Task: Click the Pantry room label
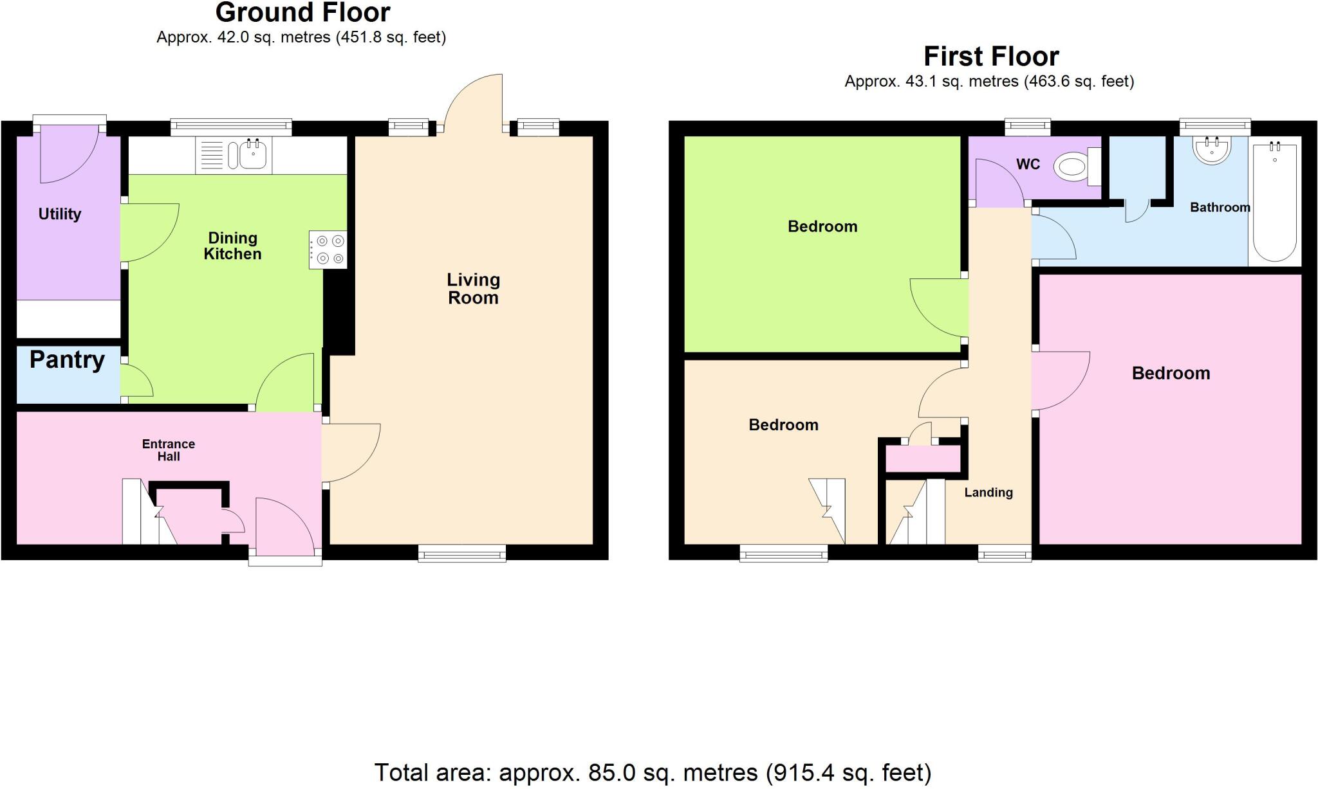pyautogui.click(x=67, y=359)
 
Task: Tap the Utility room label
pyautogui.click(x=60, y=214)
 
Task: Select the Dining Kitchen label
pyautogui.click(x=232, y=246)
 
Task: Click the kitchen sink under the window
pyautogui.click(x=254, y=155)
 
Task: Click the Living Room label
pyautogui.click(x=473, y=289)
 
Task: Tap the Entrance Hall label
pyautogui.click(x=169, y=450)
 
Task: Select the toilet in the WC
pyautogui.click(x=1075, y=168)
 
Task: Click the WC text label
pyautogui.click(x=1028, y=165)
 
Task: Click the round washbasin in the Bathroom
pyautogui.click(x=1212, y=150)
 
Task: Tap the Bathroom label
pyautogui.click(x=1220, y=207)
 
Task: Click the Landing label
pyautogui.click(x=988, y=493)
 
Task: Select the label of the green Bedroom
pyautogui.click(x=822, y=226)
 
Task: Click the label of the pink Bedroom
pyautogui.click(x=1171, y=373)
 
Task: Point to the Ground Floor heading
pyautogui.click(x=302, y=13)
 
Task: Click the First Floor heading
pyautogui.click(x=991, y=57)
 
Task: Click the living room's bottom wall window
pyautogui.click(x=461, y=552)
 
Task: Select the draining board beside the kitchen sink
pyautogui.click(x=212, y=156)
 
